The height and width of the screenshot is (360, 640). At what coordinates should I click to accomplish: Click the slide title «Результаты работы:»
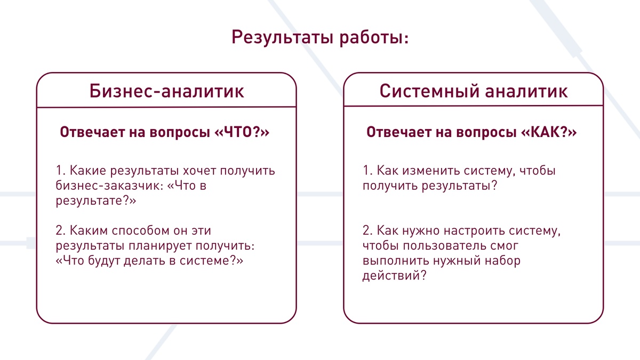coord(320,38)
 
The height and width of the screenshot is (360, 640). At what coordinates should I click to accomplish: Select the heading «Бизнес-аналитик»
coord(166,91)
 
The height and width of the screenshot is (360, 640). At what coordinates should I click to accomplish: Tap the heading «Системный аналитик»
coord(474,91)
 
